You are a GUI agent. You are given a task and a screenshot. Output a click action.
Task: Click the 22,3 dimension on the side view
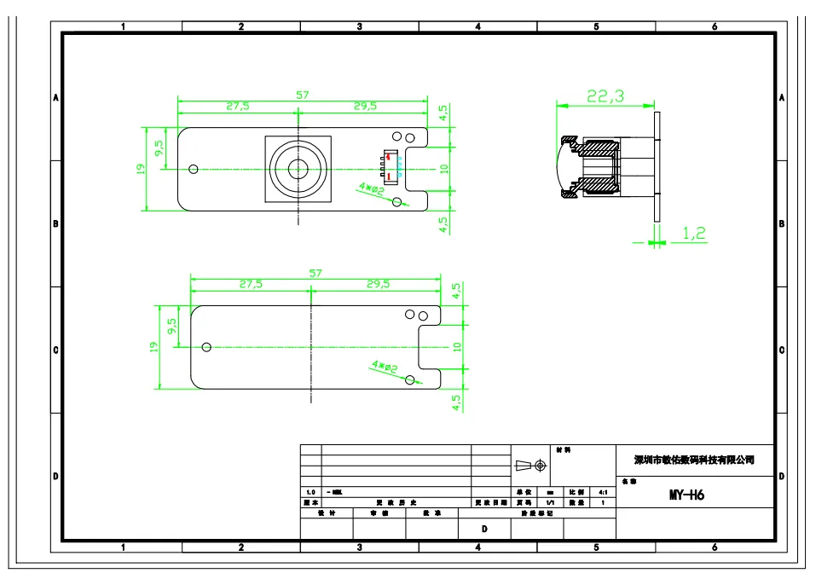(605, 96)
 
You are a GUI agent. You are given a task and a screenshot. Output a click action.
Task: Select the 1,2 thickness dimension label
(694, 233)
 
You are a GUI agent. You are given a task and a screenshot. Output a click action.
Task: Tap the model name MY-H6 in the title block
(686, 495)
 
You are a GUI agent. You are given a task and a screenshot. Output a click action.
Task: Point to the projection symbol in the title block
(530, 465)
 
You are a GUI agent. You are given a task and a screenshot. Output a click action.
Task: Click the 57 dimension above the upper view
(303, 95)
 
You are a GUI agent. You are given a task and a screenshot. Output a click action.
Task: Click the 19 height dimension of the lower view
(154, 348)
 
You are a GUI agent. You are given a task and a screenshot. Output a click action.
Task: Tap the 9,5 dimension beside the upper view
(159, 148)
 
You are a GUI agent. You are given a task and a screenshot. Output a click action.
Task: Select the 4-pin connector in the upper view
(389, 166)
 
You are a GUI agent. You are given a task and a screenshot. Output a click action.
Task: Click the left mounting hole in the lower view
(206, 347)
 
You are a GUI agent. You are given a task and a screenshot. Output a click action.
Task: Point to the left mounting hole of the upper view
(194, 169)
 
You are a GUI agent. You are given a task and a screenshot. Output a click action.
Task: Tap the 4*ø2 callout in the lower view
(385, 367)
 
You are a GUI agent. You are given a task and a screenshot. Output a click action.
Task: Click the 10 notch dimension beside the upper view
(444, 169)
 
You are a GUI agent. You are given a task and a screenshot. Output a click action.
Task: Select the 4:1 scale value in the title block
(603, 492)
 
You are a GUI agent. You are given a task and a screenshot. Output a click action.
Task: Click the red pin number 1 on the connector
(391, 176)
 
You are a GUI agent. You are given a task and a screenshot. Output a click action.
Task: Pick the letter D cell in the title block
(484, 529)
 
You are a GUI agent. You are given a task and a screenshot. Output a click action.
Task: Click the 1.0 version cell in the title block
(310, 492)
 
